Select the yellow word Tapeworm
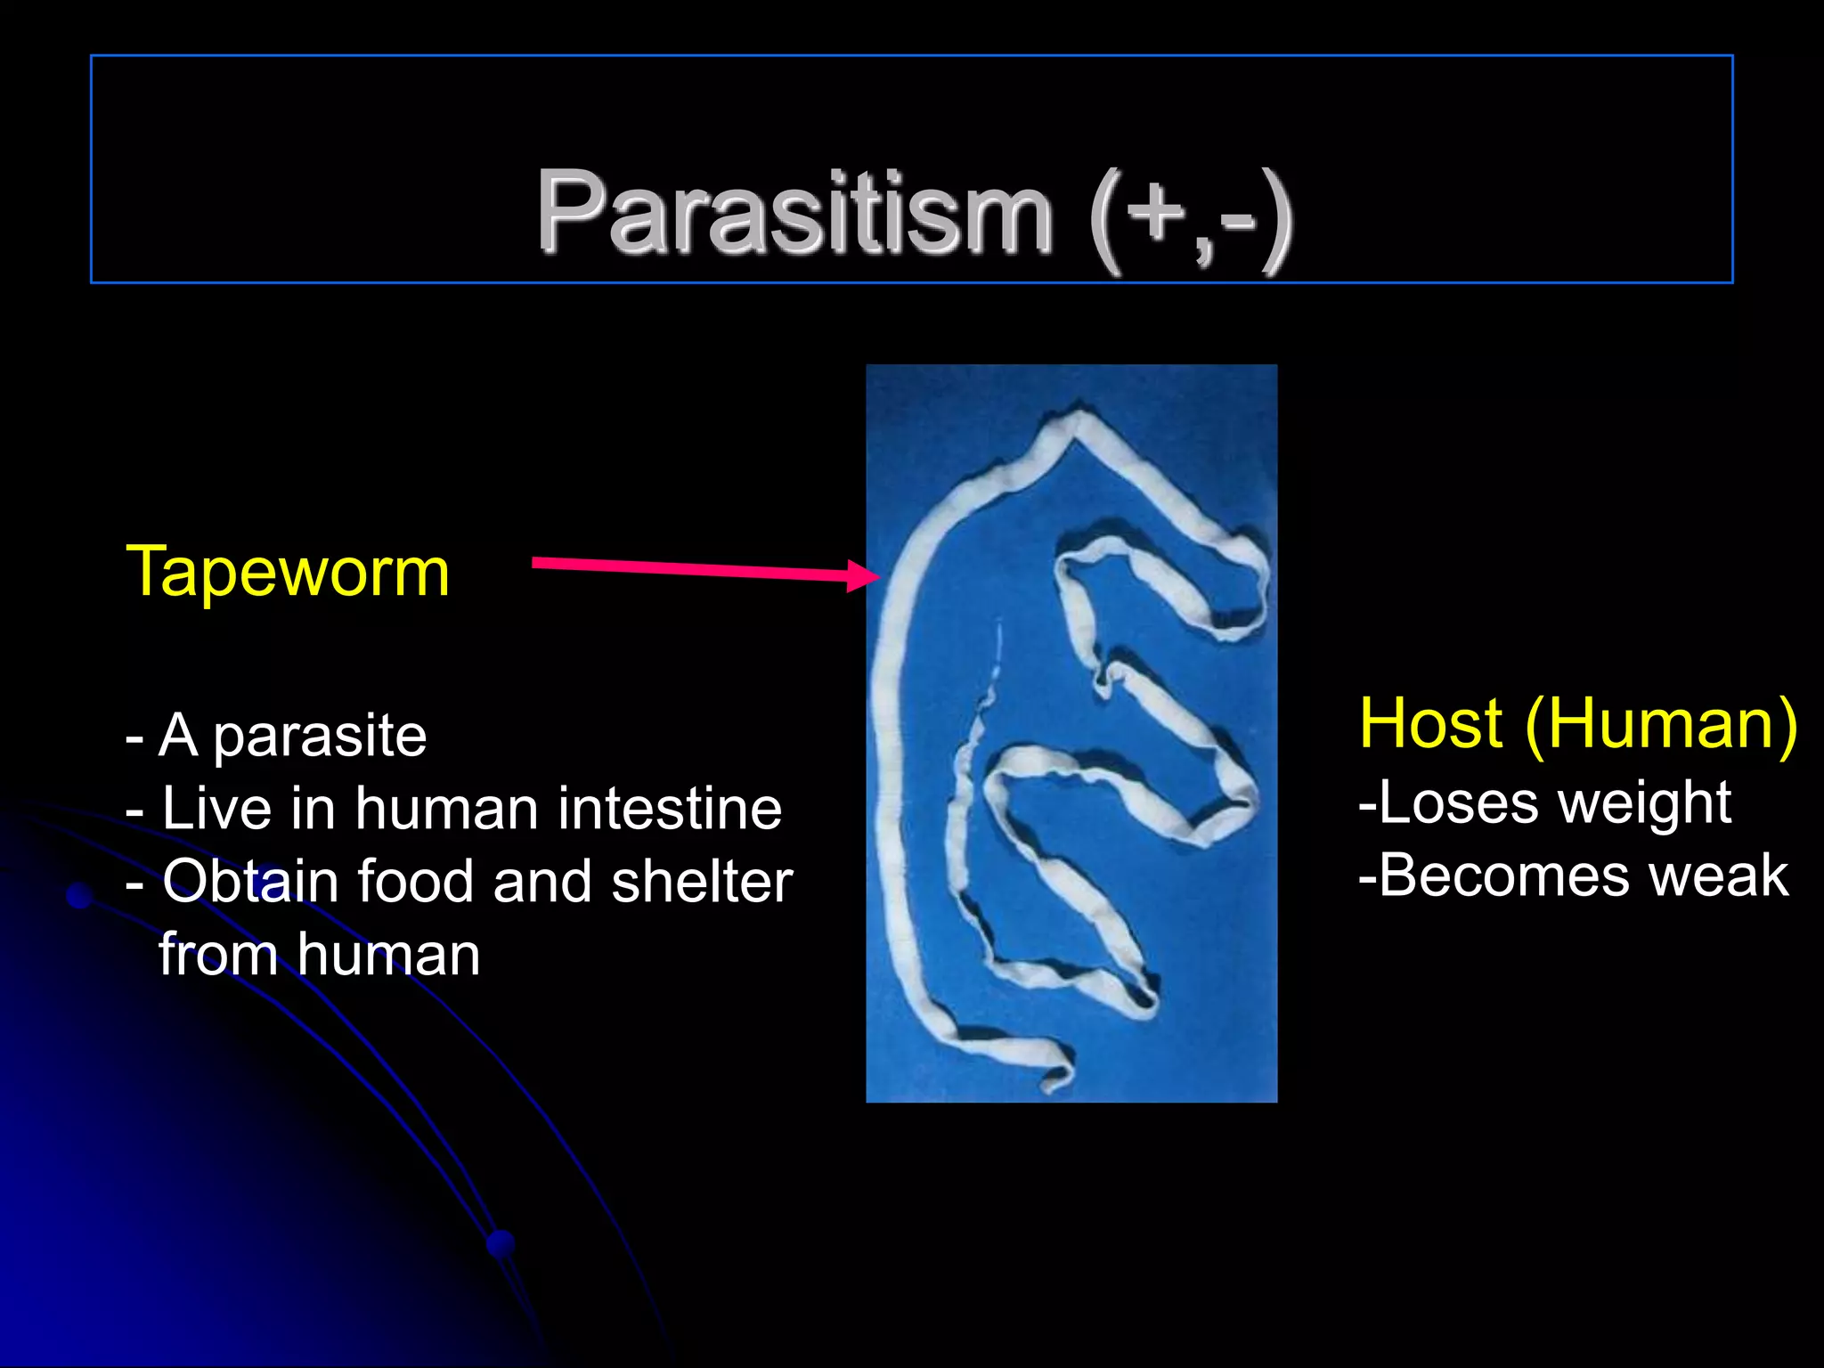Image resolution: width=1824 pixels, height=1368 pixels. (x=288, y=572)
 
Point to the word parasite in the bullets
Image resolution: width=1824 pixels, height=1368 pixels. (x=320, y=737)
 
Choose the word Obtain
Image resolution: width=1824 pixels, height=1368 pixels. (x=250, y=882)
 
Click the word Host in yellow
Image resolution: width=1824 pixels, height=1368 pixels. (x=1431, y=723)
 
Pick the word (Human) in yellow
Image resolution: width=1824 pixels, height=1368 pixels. (x=1662, y=723)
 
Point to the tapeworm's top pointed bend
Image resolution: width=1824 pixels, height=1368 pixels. (x=1079, y=419)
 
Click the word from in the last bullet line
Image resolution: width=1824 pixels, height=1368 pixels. (x=218, y=955)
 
